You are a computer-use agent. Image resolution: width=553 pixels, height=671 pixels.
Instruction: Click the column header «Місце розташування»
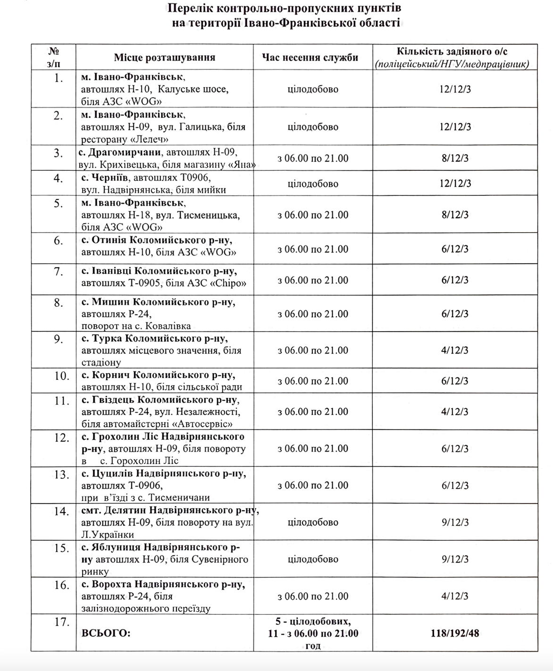tap(164, 58)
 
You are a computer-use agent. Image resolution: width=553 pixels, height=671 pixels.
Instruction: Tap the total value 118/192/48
tap(455, 633)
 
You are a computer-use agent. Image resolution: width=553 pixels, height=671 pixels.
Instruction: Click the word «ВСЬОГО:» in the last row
tap(106, 633)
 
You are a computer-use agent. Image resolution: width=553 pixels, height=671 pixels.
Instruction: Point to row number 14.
tap(61, 512)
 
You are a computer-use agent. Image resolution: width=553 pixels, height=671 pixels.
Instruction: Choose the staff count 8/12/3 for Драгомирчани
tap(455, 158)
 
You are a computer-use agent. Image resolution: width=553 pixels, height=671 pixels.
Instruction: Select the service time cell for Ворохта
tap(313, 596)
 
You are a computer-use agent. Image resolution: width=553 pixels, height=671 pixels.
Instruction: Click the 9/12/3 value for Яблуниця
tap(455, 559)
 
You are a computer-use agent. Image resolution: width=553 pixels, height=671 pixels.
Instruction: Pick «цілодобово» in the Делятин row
tap(313, 522)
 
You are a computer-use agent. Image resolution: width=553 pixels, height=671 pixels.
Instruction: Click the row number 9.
tap(58, 339)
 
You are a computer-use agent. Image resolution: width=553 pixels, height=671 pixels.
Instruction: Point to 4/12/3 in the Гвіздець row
tap(455, 411)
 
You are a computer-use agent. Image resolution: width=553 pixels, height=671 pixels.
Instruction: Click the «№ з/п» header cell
tap(54, 57)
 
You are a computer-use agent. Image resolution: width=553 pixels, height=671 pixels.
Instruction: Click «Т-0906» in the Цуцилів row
tap(145, 485)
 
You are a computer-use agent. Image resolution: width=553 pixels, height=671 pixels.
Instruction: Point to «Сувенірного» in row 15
tap(219, 559)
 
